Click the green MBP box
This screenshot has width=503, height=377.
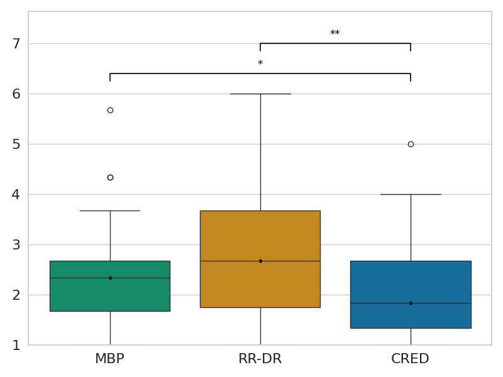pyautogui.click(x=110, y=295)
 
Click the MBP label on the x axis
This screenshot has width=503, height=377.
pyautogui.click(x=110, y=359)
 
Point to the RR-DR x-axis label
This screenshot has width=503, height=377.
pyautogui.click(x=260, y=359)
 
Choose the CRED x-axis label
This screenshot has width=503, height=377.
pyautogui.click(x=411, y=359)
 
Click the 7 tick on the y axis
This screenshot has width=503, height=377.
pyautogui.click(x=16, y=44)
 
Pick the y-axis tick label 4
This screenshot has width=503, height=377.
pyautogui.click(x=16, y=195)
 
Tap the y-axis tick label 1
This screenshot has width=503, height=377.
pyautogui.click(x=16, y=346)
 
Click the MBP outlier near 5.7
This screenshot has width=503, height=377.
pyautogui.click(x=110, y=110)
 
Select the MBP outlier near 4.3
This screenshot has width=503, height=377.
pyautogui.click(x=110, y=177)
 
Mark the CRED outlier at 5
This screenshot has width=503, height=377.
pyautogui.click(x=411, y=144)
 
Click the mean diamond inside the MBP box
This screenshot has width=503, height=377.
pyautogui.click(x=110, y=278)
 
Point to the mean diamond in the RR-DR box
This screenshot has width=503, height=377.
pyautogui.click(x=260, y=261)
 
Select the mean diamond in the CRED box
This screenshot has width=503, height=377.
pyautogui.click(x=411, y=303)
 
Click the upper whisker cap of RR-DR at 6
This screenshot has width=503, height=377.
pyautogui.click(x=260, y=94)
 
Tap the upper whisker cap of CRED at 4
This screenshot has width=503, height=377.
pyautogui.click(x=411, y=194)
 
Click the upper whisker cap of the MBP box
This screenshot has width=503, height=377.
pyautogui.click(x=110, y=210)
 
